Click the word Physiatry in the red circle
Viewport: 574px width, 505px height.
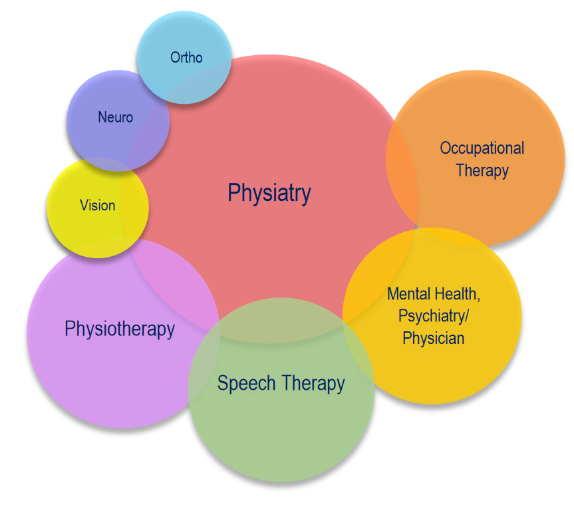(x=269, y=193)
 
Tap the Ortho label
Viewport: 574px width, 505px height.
(x=186, y=57)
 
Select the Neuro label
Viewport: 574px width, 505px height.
(x=115, y=117)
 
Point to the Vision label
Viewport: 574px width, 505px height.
(x=97, y=205)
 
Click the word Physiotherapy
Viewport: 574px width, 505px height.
(x=120, y=329)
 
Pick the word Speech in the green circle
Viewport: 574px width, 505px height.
(x=246, y=384)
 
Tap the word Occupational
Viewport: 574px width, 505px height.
(x=482, y=148)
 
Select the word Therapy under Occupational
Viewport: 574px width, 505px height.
(x=482, y=171)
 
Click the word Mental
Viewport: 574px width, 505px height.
(x=409, y=293)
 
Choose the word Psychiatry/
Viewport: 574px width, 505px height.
(x=434, y=316)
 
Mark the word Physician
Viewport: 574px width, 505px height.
(x=434, y=339)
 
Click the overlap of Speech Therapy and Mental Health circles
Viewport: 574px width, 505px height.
(x=358, y=351)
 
